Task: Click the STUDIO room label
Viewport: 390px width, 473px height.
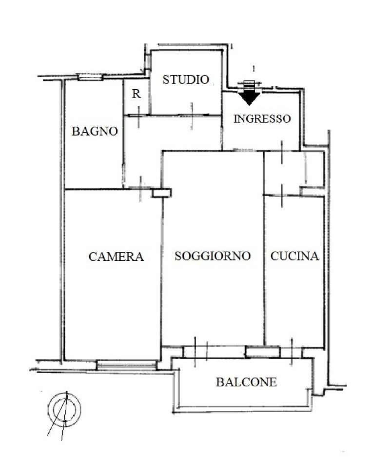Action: pos(186,79)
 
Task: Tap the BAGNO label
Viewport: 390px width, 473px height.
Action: pos(95,131)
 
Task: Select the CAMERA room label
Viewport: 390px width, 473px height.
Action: pos(116,256)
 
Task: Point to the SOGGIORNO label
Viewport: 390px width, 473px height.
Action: pos(213,256)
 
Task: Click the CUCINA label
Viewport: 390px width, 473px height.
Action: pos(294,256)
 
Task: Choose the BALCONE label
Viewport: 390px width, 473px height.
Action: pos(246,382)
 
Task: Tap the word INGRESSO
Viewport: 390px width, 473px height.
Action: pos(262,118)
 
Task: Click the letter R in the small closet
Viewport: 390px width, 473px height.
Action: pos(136,94)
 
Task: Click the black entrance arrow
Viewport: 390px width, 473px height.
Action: pos(249,99)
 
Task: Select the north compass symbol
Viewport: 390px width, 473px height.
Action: pos(64,409)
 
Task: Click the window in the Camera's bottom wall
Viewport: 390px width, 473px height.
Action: pos(126,365)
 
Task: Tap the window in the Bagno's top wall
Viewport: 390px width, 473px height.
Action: pos(90,77)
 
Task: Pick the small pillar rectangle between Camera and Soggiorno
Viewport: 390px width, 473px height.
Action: pos(161,193)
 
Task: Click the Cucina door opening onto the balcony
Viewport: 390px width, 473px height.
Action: pos(292,352)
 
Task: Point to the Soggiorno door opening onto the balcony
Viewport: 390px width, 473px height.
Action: pos(200,352)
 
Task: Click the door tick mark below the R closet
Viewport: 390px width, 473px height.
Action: pos(138,117)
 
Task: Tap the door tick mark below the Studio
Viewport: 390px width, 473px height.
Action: pos(192,116)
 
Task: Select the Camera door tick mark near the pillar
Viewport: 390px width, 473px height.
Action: pos(140,189)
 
